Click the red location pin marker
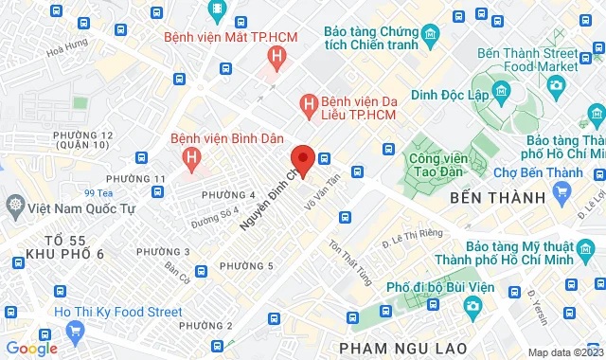click(x=302, y=159)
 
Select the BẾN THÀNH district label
click(x=486, y=198)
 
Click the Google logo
click(x=31, y=348)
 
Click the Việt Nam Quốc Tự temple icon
click(x=15, y=205)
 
